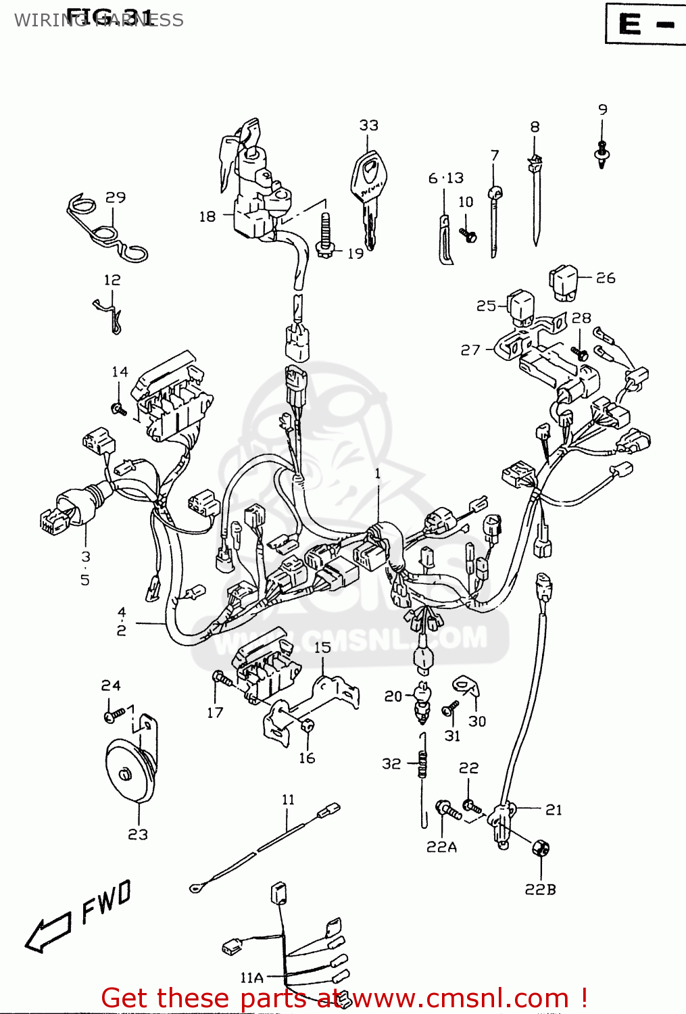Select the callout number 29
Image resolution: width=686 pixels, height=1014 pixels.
[x=116, y=197]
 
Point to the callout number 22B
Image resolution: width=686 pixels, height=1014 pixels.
[x=540, y=890]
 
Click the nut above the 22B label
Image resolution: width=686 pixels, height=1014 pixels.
[x=540, y=848]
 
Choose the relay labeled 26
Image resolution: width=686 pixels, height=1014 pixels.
[x=564, y=282]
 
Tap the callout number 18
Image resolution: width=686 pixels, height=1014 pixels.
[x=207, y=216]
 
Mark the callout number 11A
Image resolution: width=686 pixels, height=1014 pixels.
[x=251, y=977]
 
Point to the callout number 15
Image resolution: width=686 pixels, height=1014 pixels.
[x=322, y=648]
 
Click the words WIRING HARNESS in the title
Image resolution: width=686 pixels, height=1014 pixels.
[x=99, y=20]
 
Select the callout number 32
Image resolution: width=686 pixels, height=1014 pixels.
[x=391, y=764]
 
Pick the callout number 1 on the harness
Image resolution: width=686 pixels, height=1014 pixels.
[x=378, y=474]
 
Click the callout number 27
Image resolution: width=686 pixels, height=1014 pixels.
[x=470, y=350]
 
